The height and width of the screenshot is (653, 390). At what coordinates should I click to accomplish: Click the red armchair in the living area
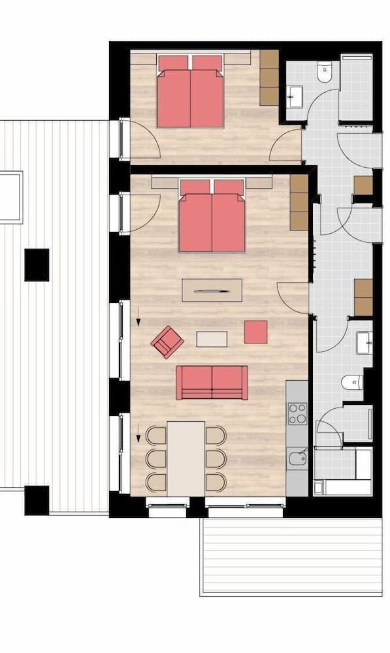tap(167, 342)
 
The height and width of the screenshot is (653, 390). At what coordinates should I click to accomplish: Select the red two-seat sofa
tap(212, 382)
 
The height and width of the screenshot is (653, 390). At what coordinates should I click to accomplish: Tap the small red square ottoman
tap(255, 332)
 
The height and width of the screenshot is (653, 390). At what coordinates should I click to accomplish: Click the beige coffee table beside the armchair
tap(212, 339)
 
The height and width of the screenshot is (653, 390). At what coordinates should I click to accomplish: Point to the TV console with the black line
tap(212, 290)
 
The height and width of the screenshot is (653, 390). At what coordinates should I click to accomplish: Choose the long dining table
tap(186, 458)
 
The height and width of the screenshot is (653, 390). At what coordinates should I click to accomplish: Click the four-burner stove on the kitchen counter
tap(297, 413)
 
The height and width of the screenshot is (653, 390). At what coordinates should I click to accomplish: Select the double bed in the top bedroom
tap(190, 91)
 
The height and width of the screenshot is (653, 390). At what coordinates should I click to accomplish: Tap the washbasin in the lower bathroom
tap(364, 342)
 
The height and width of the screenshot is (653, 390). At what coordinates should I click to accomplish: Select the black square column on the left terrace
tap(37, 264)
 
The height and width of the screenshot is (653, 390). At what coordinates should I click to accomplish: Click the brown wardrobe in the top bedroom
tap(269, 77)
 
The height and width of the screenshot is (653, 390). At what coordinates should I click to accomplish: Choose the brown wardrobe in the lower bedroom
tap(299, 202)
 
